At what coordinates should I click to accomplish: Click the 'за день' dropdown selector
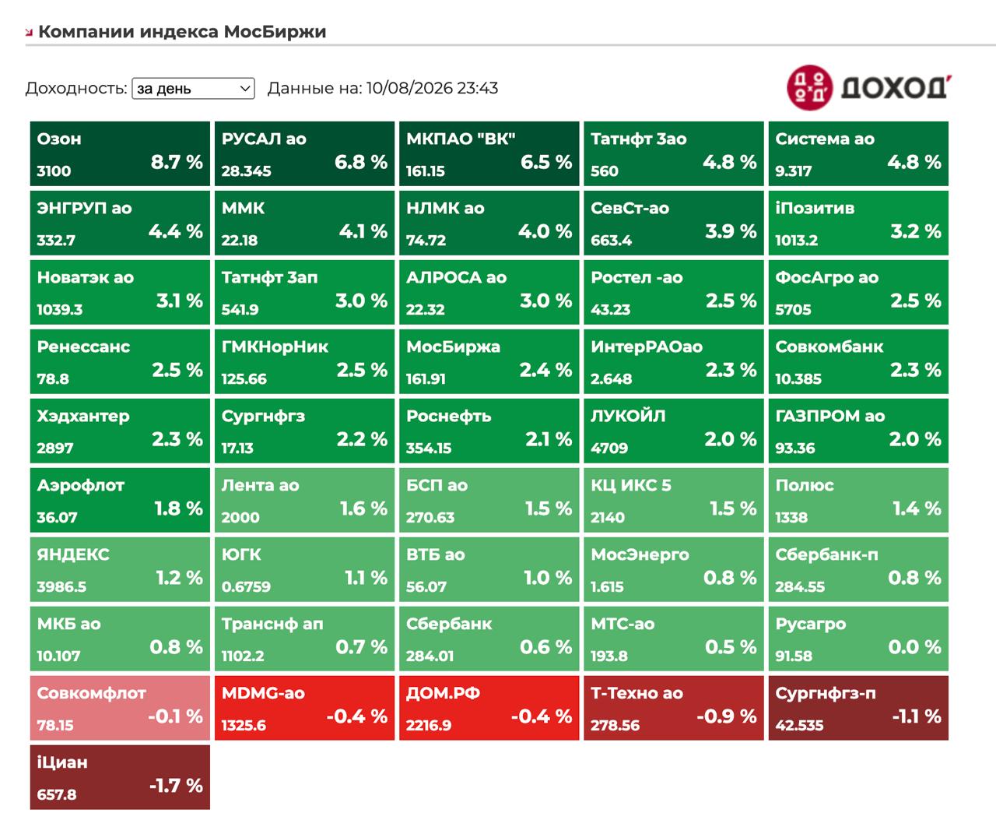coord(193,88)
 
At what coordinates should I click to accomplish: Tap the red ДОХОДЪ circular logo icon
coord(809,88)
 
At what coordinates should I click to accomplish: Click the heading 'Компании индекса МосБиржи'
coord(182,32)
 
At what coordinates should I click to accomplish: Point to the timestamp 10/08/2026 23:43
coord(432,88)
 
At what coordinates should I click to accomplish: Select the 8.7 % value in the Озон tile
coord(177,162)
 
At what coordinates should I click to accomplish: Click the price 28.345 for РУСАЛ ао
coord(246,171)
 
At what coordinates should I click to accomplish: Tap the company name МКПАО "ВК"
coord(461,139)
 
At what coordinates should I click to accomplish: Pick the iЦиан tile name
coord(62,762)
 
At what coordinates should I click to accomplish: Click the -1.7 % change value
coord(176,786)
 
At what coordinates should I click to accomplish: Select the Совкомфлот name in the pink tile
coord(92,693)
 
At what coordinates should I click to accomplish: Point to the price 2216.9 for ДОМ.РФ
coord(428,725)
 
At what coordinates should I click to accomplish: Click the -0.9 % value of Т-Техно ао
coord(727,716)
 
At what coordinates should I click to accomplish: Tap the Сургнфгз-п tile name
coord(826,693)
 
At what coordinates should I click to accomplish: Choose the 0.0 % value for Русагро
coord(915,647)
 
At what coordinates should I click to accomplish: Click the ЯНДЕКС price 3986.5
coord(61,586)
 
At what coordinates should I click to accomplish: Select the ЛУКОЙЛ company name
coord(628,416)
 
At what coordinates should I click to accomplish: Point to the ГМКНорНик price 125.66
coord(244,379)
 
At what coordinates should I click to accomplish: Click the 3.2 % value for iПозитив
coord(916,231)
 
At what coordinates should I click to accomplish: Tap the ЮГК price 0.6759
coord(246,586)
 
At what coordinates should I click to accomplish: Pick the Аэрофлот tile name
coord(81,486)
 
